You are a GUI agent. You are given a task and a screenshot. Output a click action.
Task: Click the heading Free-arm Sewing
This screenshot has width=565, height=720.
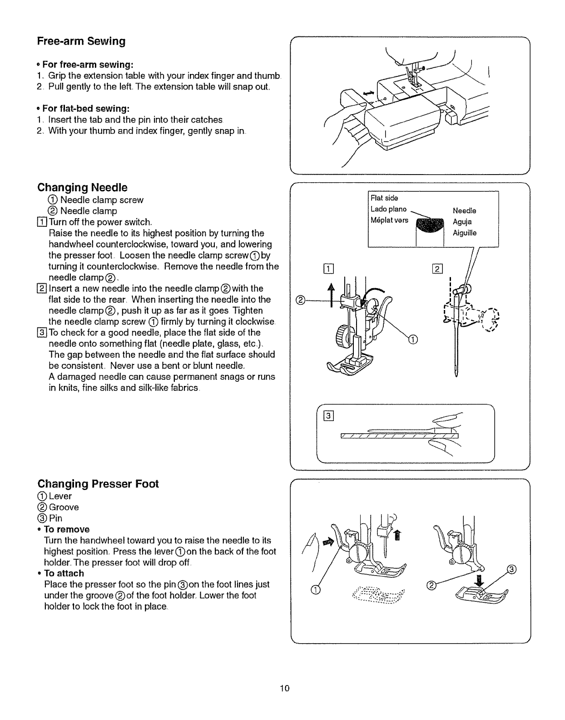point(81,41)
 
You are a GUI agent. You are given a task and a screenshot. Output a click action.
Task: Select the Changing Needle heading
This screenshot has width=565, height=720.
point(82,187)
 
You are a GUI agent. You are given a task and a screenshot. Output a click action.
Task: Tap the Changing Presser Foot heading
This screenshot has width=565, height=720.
point(98,484)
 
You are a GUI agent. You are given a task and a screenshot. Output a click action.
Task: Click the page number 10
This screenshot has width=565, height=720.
point(284,688)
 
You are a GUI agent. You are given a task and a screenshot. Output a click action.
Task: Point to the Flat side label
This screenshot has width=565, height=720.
point(384,198)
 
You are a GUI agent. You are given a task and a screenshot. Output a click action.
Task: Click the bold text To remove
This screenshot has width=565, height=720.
point(66,529)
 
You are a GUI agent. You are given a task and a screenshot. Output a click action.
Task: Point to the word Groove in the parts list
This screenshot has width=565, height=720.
point(64,507)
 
